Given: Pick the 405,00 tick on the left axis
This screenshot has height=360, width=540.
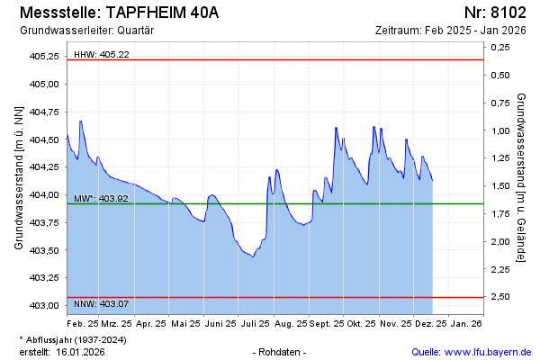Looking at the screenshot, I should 44,84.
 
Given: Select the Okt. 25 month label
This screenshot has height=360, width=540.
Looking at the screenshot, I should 361,322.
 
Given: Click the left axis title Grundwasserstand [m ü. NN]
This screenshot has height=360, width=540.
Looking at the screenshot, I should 19,176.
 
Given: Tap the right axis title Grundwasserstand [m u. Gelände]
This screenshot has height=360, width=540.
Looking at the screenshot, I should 522,176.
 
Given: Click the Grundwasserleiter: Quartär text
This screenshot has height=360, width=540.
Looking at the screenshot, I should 86,30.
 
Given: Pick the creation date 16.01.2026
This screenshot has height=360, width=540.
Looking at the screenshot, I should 81,351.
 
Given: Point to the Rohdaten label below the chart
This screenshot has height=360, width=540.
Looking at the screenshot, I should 281,351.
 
